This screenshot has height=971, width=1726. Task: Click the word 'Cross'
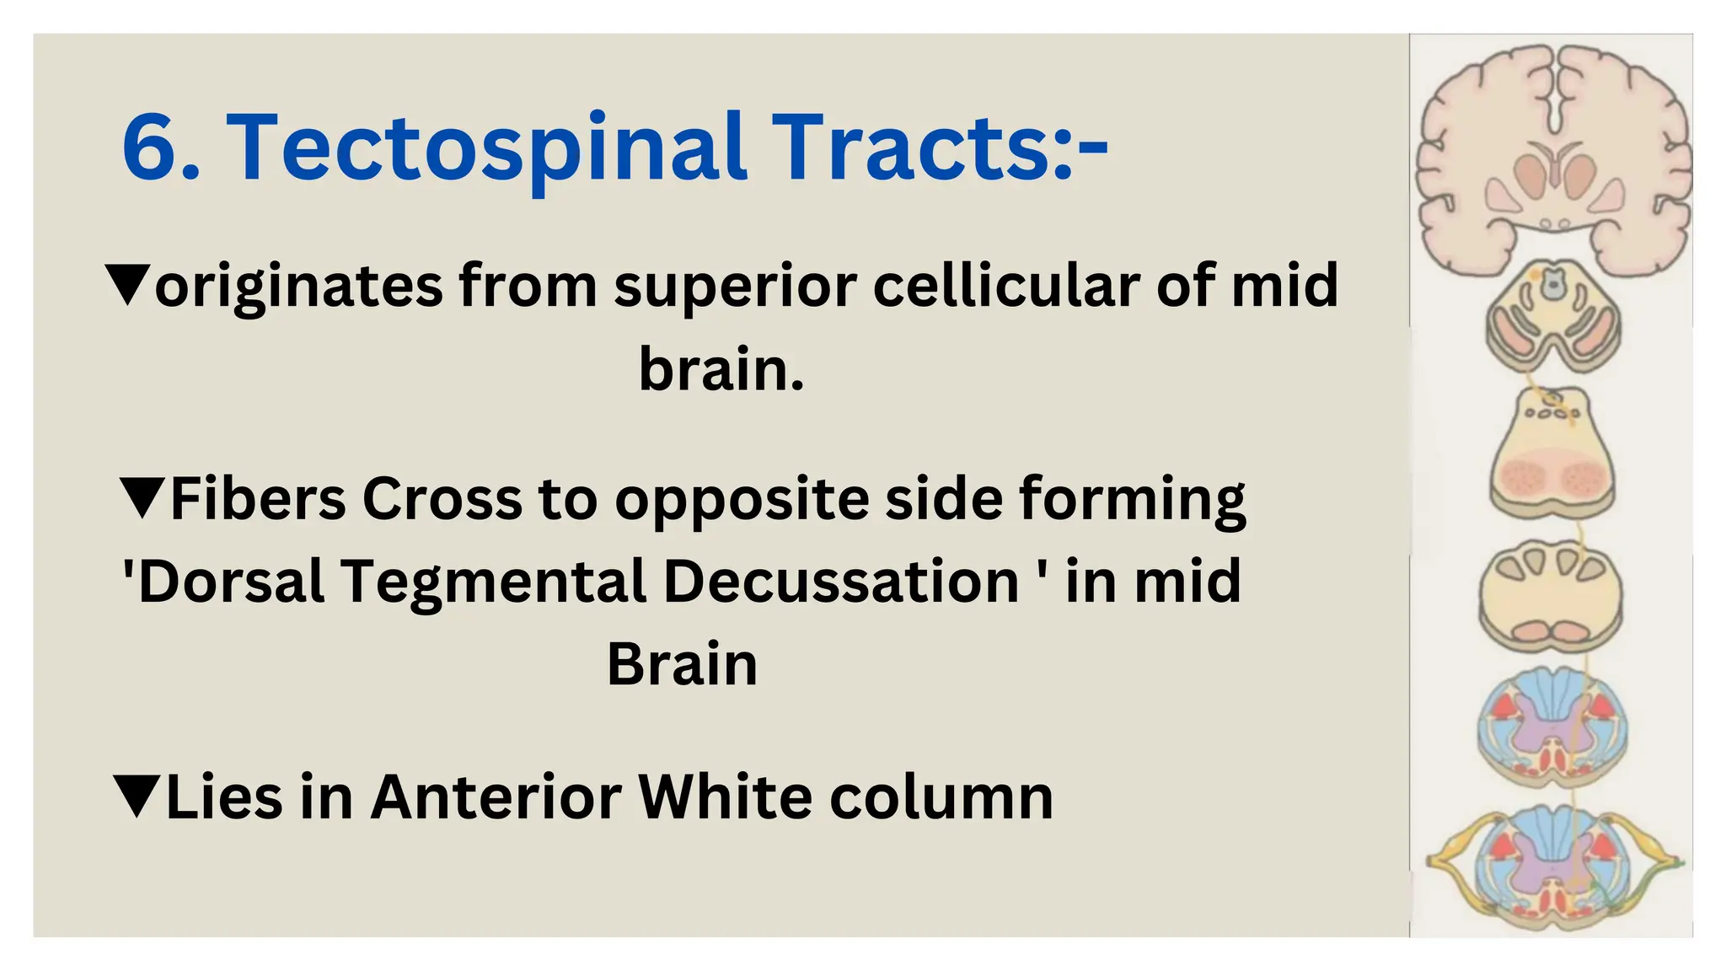tap(442, 498)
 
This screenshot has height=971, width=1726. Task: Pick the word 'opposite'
tap(742, 500)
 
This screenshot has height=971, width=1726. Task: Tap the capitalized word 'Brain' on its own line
tap(682, 664)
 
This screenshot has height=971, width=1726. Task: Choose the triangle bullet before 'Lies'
tap(136, 796)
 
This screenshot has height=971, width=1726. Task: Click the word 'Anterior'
tap(496, 796)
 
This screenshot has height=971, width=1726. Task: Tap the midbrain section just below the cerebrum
tap(1552, 316)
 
